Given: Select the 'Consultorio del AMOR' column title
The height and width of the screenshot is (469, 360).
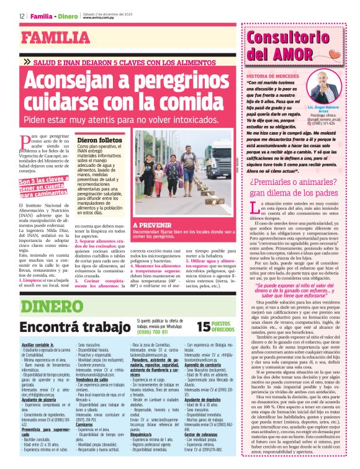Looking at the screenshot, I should [x=289, y=45].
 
